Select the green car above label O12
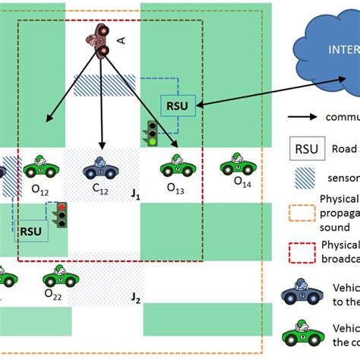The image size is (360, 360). (39, 165)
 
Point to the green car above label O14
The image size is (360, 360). (237, 164)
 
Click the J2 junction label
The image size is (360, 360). (136, 298)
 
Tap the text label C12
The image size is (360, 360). (100, 190)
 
